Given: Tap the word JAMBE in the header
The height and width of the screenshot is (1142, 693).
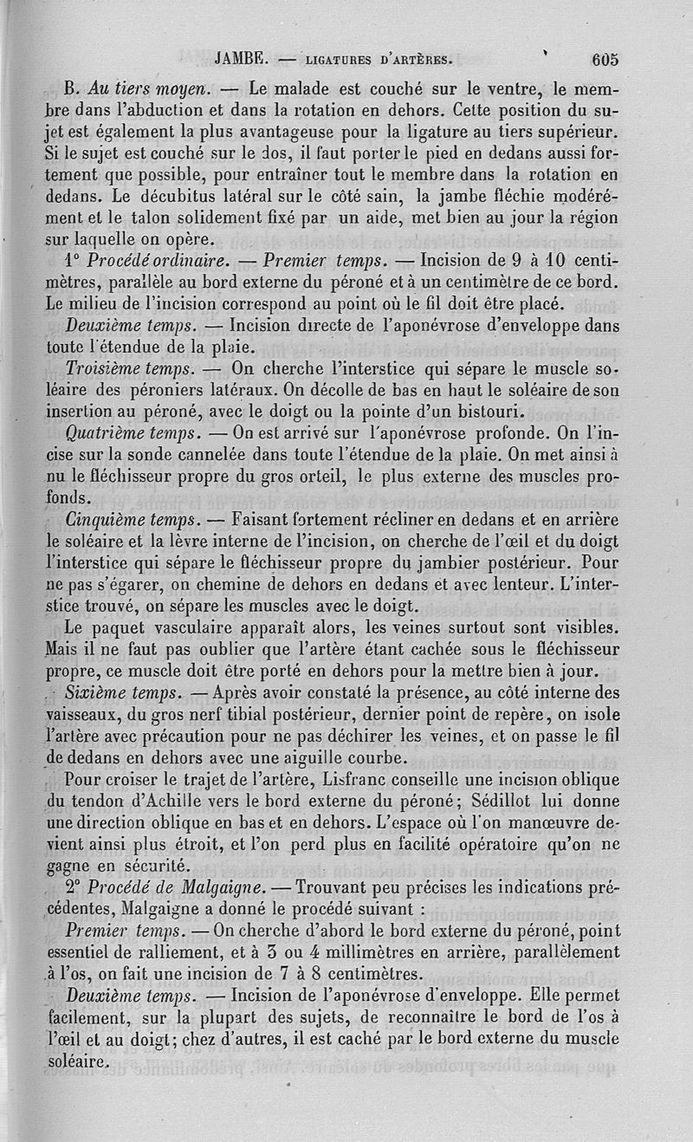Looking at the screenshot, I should pyautogui.click(x=239, y=60).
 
